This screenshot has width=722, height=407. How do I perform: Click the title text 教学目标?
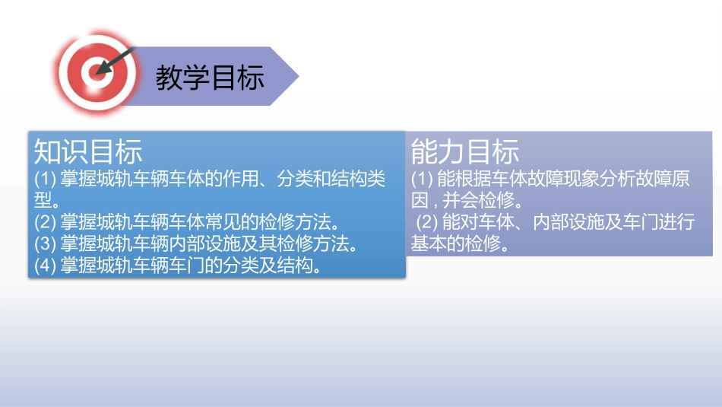[x=210, y=77]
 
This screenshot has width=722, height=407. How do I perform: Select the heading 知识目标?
[x=88, y=152]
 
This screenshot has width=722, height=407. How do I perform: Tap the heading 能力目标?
[x=465, y=152]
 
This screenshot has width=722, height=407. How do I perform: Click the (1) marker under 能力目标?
[x=423, y=180]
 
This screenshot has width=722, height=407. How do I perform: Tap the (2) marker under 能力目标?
[x=427, y=222]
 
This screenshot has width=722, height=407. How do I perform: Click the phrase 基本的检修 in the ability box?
[x=459, y=243]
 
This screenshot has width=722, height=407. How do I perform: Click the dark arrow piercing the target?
[x=118, y=61]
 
